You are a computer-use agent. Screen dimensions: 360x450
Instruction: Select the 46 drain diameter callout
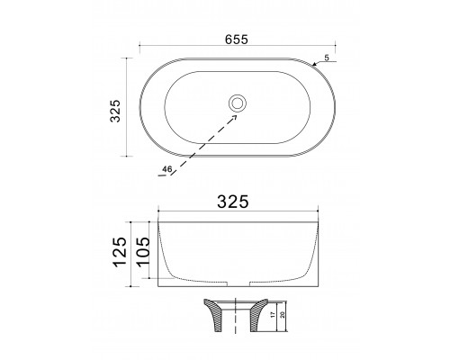(167, 168)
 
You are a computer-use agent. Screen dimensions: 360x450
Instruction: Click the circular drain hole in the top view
(238, 103)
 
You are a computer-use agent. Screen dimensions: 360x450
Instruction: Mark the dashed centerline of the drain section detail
(238, 315)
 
